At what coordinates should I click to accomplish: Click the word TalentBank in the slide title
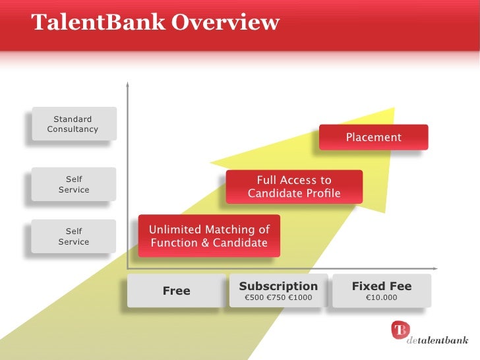[97, 22]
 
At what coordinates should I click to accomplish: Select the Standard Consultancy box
[73, 124]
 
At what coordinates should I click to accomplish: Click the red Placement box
[374, 137]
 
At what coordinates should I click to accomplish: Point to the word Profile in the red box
[318, 193]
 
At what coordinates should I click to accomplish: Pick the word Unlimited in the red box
[175, 229]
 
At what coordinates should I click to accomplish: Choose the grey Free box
[176, 291]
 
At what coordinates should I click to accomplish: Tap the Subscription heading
[278, 286]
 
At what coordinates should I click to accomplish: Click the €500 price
[254, 298]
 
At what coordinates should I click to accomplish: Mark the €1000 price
[300, 298]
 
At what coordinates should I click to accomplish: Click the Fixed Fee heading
[382, 286]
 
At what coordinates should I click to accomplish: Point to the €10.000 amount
[382, 298]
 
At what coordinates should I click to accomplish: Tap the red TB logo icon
[400, 330]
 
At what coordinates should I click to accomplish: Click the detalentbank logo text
[438, 341]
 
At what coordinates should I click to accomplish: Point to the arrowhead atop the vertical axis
[127, 84]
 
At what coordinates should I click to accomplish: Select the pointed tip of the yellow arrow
[394, 109]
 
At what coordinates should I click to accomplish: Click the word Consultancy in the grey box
[73, 129]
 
